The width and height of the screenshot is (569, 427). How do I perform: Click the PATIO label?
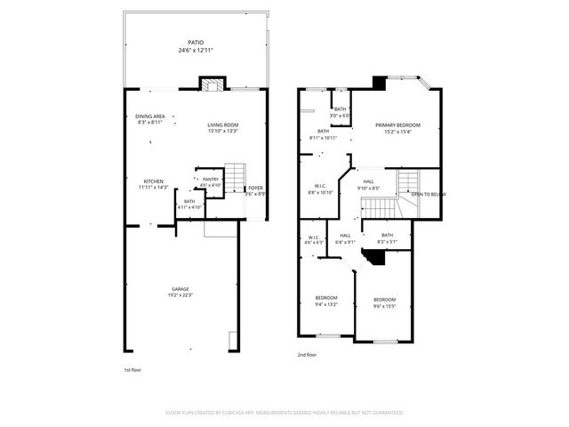tap(195, 42)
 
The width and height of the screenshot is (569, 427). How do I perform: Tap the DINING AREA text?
tap(149, 117)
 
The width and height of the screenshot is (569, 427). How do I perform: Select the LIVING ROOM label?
tap(223, 125)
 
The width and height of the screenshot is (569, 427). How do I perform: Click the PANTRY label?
tap(210, 179)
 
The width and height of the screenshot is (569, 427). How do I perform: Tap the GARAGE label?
tap(180, 288)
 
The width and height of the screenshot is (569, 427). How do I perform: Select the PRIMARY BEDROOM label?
tap(397, 125)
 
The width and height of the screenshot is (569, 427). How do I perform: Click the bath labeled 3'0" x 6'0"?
tap(340, 116)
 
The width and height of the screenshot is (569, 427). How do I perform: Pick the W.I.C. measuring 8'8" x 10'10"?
tap(319, 192)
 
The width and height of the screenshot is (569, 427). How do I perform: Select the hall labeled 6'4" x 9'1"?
tap(345, 241)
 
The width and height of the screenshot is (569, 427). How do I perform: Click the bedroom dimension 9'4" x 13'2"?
tap(326, 303)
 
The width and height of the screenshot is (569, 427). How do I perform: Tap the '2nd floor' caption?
tap(308, 355)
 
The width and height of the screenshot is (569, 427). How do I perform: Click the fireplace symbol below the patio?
tap(211, 85)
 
